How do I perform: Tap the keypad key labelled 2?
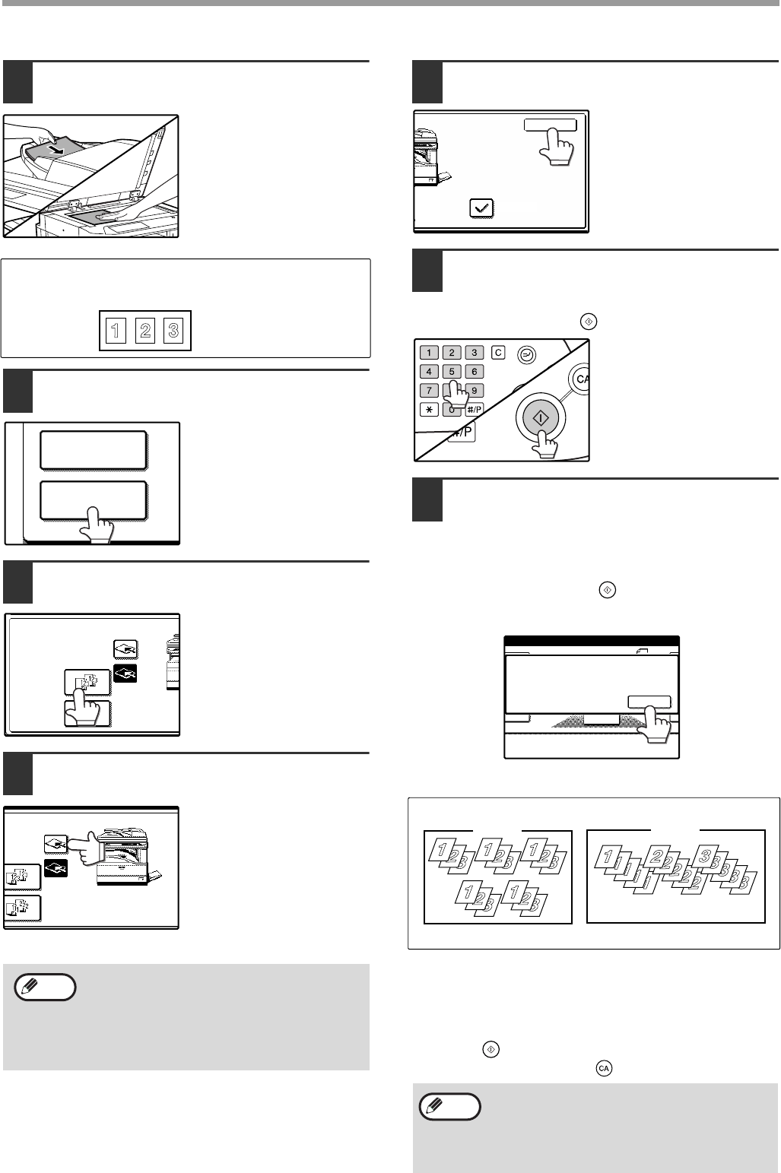point(452,353)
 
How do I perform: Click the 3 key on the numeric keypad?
point(474,353)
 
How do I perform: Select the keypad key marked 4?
point(429,371)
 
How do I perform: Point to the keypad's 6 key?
point(474,371)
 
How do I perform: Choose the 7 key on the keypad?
point(429,390)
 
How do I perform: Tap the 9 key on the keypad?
point(474,390)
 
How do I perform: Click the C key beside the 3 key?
point(498,353)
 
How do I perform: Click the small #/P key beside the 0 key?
point(474,410)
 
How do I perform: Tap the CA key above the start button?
point(580,378)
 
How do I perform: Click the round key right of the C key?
point(526,356)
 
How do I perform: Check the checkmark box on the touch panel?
point(481,208)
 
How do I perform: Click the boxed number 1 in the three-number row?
point(116,331)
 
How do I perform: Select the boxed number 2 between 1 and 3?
point(145,331)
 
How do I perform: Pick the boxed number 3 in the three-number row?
point(173,331)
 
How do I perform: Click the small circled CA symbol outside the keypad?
point(604,1068)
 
